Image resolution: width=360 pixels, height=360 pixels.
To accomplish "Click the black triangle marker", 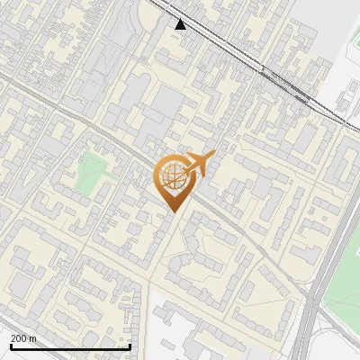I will (181, 24).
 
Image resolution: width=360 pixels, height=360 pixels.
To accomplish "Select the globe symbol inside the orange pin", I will (171, 177).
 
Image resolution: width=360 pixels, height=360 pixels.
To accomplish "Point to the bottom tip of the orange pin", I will (171, 211).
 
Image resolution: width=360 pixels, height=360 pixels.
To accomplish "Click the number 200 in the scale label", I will (19, 338).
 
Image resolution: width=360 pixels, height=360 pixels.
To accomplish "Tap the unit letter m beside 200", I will (33, 338).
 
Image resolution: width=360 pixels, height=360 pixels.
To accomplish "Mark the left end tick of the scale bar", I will (10, 346).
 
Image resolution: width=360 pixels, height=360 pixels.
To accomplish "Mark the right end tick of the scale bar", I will (130, 346).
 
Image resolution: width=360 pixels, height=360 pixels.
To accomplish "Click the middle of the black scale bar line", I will (70, 346).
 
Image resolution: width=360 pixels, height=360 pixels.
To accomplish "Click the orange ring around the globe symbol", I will (158, 171).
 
